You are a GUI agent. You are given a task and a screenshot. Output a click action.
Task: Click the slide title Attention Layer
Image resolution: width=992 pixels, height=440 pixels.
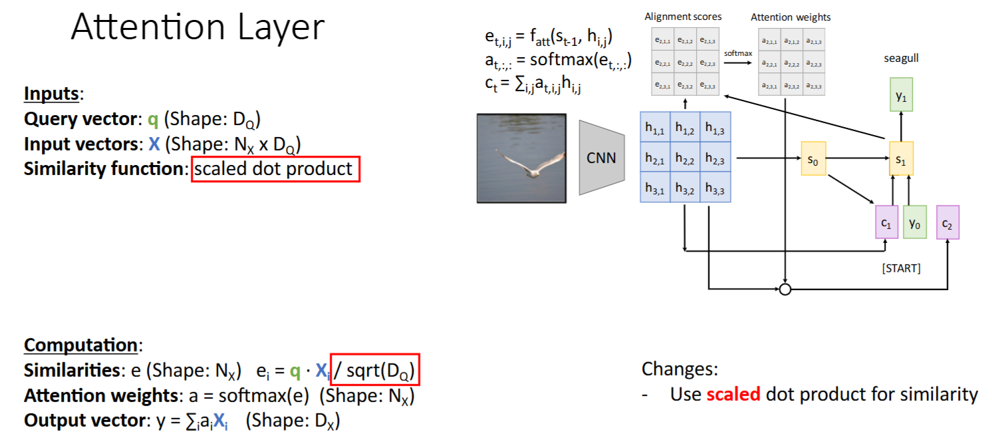(x=197, y=28)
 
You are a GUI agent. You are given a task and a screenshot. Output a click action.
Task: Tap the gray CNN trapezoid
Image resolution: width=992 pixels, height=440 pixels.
(x=601, y=158)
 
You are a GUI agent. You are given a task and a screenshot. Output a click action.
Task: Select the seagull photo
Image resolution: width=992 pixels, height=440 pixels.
(x=521, y=158)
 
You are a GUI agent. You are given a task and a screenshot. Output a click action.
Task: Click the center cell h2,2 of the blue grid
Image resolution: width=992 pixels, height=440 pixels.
(x=685, y=158)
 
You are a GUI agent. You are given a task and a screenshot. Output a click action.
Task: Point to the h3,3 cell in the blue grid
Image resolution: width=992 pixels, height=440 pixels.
(x=715, y=188)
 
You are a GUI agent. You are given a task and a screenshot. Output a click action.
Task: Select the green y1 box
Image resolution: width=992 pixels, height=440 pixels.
(x=901, y=96)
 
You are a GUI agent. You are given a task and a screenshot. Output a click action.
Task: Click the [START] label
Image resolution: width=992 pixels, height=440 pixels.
(x=901, y=268)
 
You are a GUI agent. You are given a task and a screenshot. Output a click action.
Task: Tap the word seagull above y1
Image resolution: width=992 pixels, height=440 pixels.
(x=901, y=59)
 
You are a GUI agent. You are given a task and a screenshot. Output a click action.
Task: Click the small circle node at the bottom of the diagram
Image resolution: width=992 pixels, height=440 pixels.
(x=785, y=289)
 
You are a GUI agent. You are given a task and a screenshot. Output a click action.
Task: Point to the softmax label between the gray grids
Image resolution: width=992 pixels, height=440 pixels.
(x=739, y=52)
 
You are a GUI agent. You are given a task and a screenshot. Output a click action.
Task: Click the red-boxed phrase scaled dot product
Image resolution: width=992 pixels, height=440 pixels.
(x=275, y=168)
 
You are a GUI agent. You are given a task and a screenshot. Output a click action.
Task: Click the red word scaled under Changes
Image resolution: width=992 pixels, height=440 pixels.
(x=733, y=394)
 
